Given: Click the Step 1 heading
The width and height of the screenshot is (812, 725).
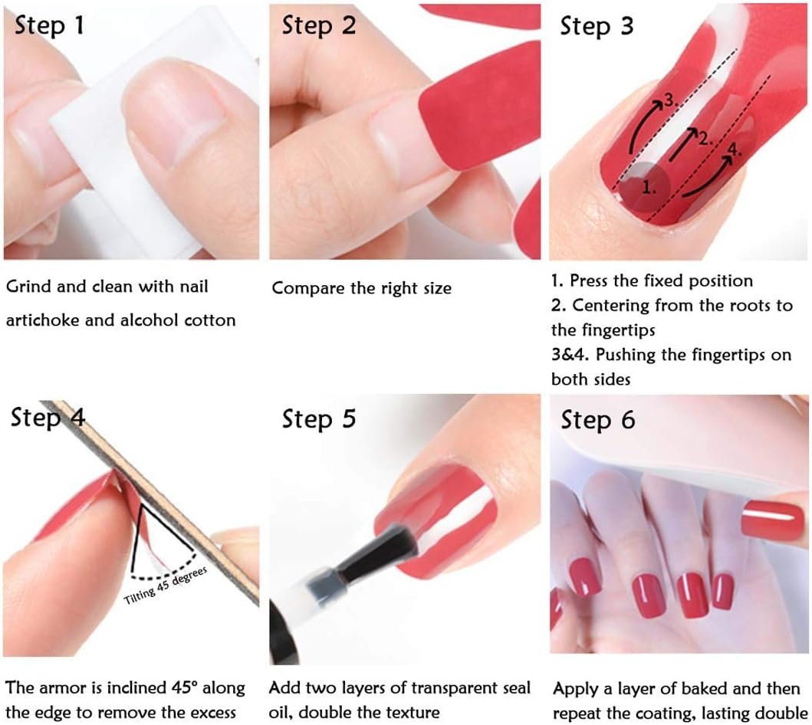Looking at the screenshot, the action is pyautogui.click(x=49, y=25).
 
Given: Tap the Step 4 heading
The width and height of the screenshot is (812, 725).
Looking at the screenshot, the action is pyautogui.click(x=48, y=417).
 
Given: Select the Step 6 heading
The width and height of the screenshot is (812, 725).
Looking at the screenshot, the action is pyautogui.click(x=597, y=420).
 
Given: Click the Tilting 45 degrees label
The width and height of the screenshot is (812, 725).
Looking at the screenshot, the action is pyautogui.click(x=165, y=586).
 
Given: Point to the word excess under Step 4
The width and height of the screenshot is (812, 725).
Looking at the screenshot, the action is pyautogui.click(x=213, y=713).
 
